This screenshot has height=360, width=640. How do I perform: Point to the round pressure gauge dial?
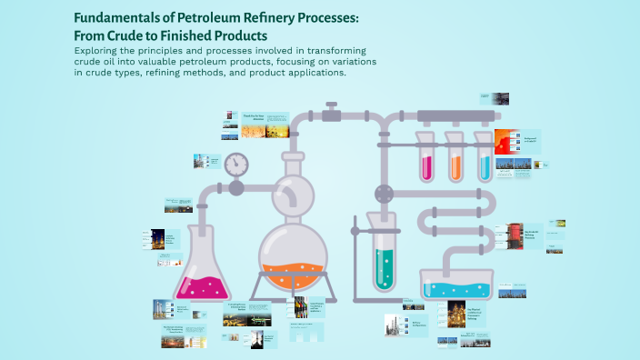pyautogui.click(x=236, y=164)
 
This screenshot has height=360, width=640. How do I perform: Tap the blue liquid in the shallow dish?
pyautogui.click(x=459, y=290)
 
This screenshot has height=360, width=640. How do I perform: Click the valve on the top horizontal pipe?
pyautogui.click(x=332, y=113)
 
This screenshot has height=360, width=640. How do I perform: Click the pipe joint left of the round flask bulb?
pyautogui.click(x=236, y=189)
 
